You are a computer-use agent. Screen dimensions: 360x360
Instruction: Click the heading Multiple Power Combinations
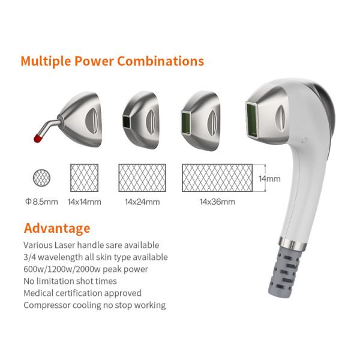(x=112, y=61)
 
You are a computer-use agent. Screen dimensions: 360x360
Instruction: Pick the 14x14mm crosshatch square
(x=85, y=178)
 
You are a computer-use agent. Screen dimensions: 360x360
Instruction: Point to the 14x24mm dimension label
(x=142, y=202)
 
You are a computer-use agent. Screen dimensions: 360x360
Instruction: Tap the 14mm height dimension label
(x=269, y=178)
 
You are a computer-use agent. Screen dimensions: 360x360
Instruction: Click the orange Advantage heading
(x=57, y=228)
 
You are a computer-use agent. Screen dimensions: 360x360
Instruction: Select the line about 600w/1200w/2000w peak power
(x=86, y=269)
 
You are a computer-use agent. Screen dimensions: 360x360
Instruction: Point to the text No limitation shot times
(x=70, y=281)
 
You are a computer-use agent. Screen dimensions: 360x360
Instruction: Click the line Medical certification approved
(x=82, y=293)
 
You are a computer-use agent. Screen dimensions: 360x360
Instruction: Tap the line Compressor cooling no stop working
(x=94, y=305)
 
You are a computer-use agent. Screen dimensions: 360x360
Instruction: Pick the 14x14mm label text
(x=85, y=202)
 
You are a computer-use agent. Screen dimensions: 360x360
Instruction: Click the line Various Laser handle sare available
(x=91, y=245)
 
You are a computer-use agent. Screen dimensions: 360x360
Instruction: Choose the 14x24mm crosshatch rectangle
(x=143, y=178)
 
